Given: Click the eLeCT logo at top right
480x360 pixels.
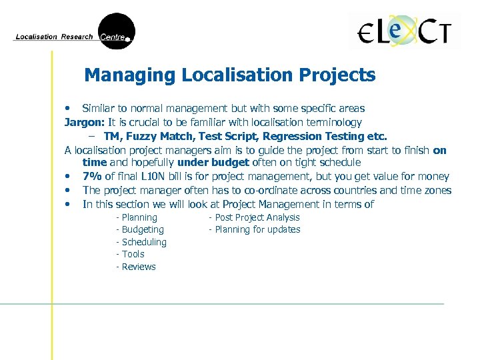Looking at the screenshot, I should pos(405,31).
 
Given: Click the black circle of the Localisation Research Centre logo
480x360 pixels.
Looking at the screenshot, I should pos(117,31).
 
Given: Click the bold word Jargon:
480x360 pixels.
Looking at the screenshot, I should pos(84,122).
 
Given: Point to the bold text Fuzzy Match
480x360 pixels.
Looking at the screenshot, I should pos(157,136).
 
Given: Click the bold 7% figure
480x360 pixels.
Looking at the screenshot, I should pos(93,177).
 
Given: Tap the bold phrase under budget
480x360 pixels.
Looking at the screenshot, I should pos(213,163).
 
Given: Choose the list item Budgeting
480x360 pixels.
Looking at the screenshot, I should pos(143,230).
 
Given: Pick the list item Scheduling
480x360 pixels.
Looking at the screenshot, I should pos(144,242).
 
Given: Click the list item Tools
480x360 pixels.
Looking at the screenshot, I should pos(133,254).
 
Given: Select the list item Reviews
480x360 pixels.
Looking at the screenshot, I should pos(139,267).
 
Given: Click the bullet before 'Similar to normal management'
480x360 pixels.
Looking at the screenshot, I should pos(67,108).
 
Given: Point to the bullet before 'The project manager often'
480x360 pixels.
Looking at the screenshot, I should pos(67,191).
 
